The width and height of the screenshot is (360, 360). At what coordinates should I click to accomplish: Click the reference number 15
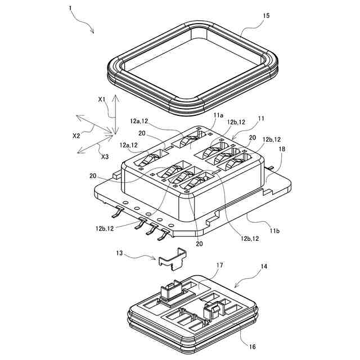pyautogui.click(x=265, y=16)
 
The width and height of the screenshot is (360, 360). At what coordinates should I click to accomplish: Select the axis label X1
pyautogui.click(x=102, y=99)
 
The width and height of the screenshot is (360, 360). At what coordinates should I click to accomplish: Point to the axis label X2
pyautogui.click(x=76, y=136)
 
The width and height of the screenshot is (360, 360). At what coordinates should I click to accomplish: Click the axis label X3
pyautogui.click(x=105, y=156)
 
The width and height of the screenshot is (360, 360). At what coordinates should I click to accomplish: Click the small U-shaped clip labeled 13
pyautogui.click(x=171, y=258)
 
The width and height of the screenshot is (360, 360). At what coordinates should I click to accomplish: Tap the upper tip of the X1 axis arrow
pyautogui.click(x=114, y=96)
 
